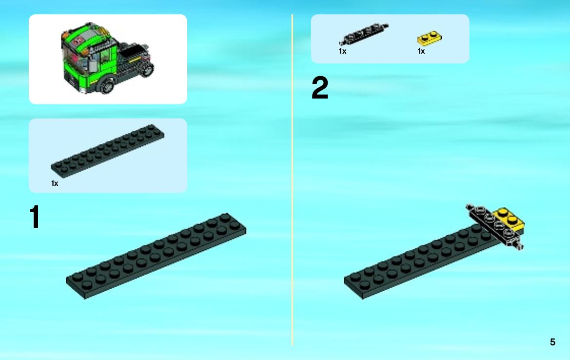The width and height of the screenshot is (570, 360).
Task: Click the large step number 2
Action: (320, 88)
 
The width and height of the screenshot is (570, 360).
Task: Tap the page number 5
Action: (552, 342)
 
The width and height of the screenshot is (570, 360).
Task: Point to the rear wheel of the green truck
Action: (148, 69)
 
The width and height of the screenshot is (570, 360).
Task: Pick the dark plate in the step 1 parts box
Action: (107, 151)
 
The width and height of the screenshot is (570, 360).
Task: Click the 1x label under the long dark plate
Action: (55, 183)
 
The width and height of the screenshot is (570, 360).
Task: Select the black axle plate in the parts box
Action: (364, 34)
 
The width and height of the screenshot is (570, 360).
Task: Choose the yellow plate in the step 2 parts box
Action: (429, 38)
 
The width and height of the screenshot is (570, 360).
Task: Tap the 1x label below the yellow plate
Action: (421, 51)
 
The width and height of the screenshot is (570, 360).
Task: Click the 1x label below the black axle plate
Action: (342, 51)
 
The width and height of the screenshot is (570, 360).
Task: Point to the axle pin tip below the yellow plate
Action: (520, 246)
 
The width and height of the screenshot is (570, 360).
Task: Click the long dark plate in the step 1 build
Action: (156, 256)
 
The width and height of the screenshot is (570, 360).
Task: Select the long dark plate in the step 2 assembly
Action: (422, 262)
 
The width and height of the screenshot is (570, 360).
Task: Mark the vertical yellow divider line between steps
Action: (292, 180)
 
